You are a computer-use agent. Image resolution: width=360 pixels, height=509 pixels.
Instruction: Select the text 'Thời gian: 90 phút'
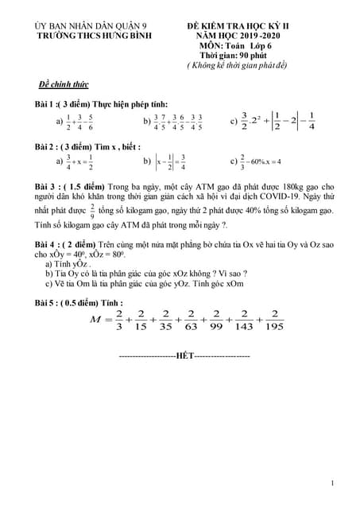(x=233, y=56)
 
